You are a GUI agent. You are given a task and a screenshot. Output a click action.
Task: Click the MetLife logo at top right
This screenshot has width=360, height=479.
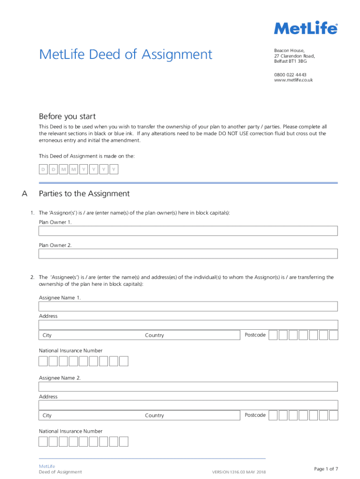point(305,29)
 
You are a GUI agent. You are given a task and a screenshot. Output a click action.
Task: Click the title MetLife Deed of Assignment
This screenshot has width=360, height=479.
point(125,55)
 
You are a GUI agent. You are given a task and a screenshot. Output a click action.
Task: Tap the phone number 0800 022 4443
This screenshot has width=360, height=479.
point(290,74)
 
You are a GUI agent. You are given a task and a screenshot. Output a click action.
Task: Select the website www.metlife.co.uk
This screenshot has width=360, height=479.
point(293,80)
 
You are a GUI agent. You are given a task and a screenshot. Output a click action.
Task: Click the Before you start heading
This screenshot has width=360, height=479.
point(67,116)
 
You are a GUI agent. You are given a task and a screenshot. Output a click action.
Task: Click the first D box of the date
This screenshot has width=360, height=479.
point(43,169)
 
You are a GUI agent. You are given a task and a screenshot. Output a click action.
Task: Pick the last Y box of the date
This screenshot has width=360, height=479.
point(114,169)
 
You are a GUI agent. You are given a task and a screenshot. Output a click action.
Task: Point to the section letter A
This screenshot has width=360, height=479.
point(25,194)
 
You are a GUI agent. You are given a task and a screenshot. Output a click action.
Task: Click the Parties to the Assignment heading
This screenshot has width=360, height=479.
point(84,194)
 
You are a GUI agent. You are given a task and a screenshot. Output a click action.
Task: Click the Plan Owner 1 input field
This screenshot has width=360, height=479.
point(188,231)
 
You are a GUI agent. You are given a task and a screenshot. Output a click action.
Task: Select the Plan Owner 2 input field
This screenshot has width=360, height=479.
point(188,254)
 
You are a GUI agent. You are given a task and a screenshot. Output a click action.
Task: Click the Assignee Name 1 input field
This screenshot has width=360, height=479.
point(188,306)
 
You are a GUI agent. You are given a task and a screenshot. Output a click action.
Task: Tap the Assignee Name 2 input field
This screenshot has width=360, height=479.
point(188,386)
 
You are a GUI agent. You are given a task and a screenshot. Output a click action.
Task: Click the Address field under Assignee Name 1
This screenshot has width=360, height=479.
point(188,325)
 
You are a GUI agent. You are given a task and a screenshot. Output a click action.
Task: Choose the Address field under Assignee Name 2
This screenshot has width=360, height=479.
point(188,405)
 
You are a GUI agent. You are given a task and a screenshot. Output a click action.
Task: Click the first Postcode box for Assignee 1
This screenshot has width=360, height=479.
point(273,335)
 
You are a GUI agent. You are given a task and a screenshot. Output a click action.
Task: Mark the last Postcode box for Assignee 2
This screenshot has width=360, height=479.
point(333,415)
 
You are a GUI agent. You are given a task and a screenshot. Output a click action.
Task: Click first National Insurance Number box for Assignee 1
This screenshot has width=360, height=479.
point(43,361)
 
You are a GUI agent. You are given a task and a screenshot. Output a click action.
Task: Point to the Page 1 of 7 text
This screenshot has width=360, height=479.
point(326,469)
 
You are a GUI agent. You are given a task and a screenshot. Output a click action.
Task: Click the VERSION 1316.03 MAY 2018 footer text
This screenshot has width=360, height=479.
point(238,472)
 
